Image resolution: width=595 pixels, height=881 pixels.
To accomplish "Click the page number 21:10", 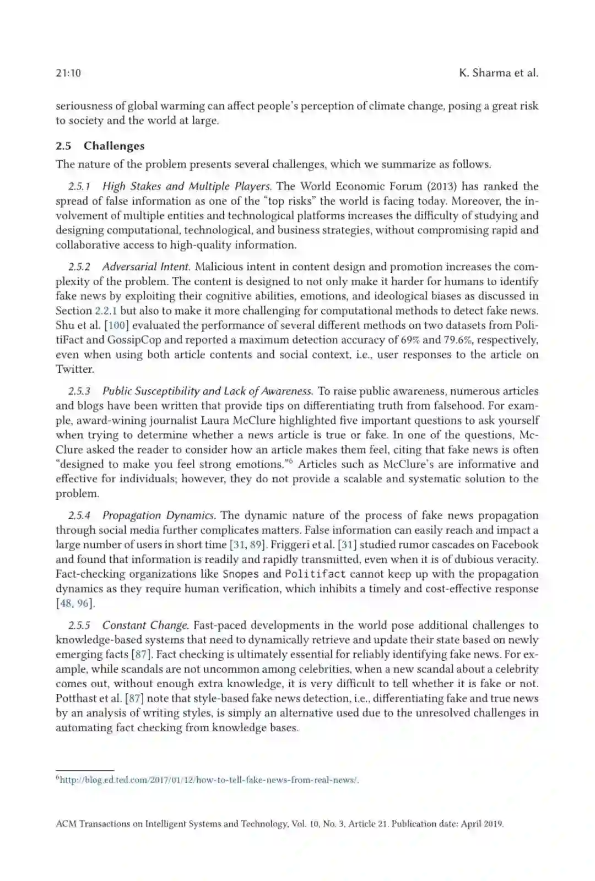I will (x=68, y=73).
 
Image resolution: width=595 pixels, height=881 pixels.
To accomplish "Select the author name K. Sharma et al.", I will (x=498, y=73).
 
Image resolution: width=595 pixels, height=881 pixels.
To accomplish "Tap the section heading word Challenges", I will (x=114, y=146).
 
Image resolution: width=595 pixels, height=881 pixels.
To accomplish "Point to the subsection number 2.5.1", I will (x=79, y=186).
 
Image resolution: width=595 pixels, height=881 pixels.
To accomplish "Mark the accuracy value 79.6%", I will (x=457, y=340).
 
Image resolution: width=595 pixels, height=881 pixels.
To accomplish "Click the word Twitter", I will (x=74, y=369).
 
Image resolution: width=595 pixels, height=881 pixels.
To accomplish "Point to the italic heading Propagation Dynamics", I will (x=159, y=515).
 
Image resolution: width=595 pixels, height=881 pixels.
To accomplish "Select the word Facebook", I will (x=515, y=545).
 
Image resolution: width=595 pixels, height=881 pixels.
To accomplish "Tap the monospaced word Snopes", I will (x=240, y=574).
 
